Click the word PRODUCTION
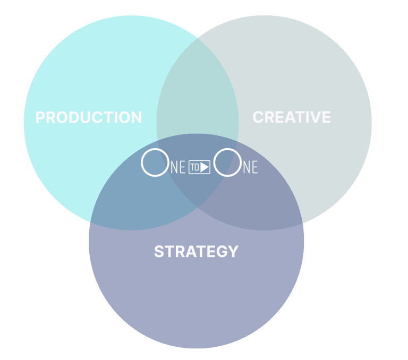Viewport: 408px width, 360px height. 89,117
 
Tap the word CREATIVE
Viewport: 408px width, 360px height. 292,117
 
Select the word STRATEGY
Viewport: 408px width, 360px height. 196,251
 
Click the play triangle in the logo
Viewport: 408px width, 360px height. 205,167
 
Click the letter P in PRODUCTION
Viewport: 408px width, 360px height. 40,117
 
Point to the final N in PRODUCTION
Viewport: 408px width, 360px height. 137,117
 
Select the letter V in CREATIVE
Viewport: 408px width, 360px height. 315,117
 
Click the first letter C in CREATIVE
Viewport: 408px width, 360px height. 258,117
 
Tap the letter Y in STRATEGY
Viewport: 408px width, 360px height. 233,251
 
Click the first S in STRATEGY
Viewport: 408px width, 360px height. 159,251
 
